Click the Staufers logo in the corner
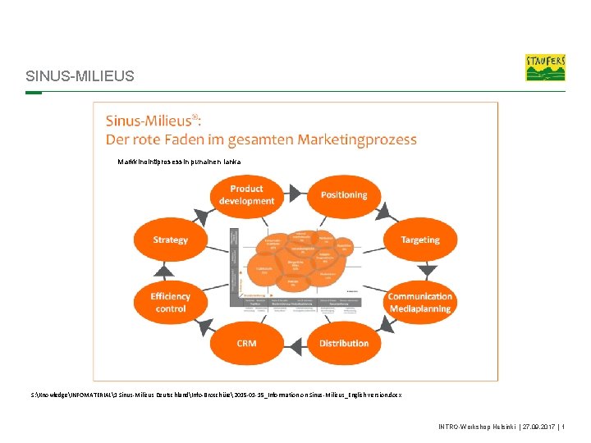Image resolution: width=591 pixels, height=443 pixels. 545,67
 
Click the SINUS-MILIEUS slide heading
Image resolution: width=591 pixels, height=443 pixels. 80,77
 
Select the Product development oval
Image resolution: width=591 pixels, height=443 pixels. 246,195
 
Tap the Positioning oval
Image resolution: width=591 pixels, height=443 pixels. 344,195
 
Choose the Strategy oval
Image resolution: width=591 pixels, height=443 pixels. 170,240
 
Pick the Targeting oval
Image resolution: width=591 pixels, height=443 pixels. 420,240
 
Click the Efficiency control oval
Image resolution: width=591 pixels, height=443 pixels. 170,302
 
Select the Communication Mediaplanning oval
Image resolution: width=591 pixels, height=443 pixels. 420,302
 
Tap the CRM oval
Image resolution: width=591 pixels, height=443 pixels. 246,344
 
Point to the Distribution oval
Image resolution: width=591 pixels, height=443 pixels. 344,344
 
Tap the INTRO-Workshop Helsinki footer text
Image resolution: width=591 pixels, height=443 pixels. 477,427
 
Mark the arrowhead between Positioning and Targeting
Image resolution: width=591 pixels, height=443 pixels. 382,212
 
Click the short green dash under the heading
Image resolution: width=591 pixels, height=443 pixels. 34,93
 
